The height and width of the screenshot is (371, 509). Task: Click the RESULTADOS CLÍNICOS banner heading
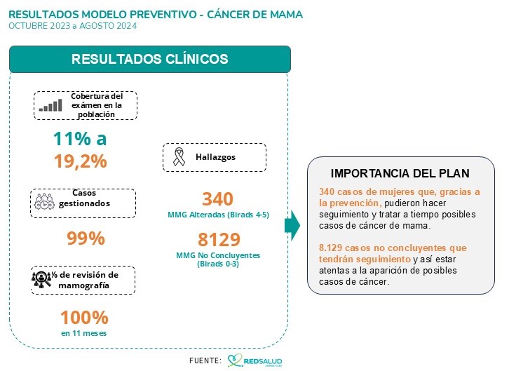(x=149, y=59)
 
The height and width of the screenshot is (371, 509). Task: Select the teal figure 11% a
(x=80, y=138)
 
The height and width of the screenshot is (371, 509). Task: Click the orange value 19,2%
(x=80, y=161)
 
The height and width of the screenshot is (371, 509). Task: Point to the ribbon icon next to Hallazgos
(x=178, y=157)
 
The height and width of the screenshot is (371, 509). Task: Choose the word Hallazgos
(x=215, y=157)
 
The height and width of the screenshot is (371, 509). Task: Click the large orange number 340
(x=217, y=198)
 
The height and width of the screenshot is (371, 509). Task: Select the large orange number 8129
(x=219, y=238)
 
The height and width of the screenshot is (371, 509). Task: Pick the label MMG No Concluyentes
(x=218, y=255)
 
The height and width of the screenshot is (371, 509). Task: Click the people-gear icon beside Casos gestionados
(x=46, y=200)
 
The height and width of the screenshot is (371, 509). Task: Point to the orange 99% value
(x=86, y=238)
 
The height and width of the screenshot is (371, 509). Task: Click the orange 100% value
(x=84, y=318)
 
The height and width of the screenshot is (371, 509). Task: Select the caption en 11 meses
(x=84, y=333)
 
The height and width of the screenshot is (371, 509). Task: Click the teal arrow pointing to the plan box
(x=292, y=225)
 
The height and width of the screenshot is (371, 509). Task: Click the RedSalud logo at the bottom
(x=254, y=360)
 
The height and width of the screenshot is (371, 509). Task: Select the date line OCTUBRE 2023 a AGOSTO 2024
(x=73, y=26)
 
